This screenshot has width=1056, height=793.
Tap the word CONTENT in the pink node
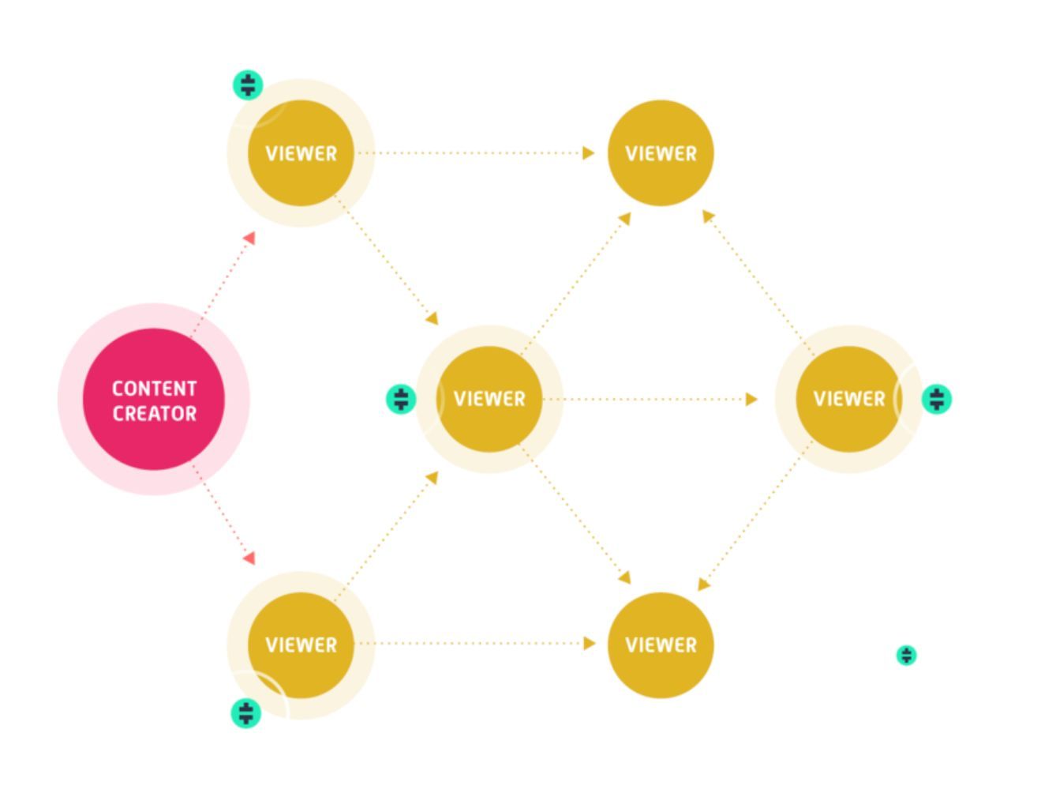[x=154, y=389]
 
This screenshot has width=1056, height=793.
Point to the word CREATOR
[x=154, y=414]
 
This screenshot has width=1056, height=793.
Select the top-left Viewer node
[x=301, y=153]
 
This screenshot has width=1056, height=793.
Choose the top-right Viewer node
[x=661, y=153]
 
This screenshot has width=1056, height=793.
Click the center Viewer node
[x=489, y=399]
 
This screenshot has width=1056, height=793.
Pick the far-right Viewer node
[x=848, y=399]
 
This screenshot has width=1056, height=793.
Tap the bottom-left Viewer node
[x=301, y=645]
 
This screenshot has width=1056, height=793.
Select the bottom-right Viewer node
[x=661, y=645]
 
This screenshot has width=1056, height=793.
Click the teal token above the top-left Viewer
[x=248, y=85]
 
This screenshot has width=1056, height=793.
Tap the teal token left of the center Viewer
[x=401, y=400]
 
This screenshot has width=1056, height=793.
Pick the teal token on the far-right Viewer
[x=937, y=400]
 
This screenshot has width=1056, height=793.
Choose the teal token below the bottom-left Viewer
[x=246, y=713]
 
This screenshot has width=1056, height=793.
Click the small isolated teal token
[x=907, y=656]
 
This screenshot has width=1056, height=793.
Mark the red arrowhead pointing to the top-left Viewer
[x=249, y=238]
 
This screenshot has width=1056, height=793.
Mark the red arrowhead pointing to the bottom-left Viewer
[x=249, y=558]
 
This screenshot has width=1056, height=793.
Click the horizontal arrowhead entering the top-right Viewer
[x=588, y=153]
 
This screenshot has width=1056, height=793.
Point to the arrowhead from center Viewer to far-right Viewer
[x=751, y=400]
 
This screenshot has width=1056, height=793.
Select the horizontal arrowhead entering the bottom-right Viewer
[x=589, y=644]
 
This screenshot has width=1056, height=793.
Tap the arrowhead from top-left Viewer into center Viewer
[x=432, y=318]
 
